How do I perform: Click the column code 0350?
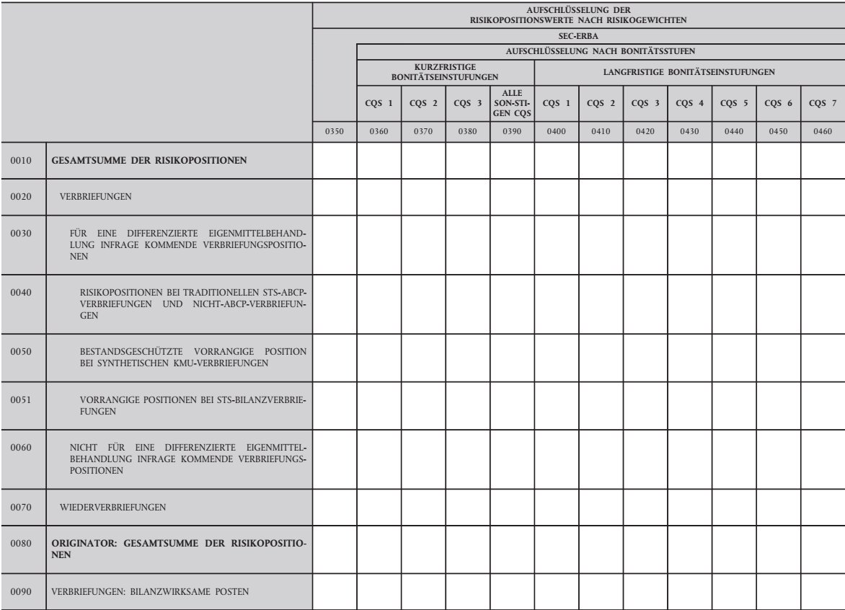(335, 131)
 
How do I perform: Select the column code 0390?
(512, 131)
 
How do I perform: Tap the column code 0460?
(823, 131)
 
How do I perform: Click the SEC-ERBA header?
(579, 34)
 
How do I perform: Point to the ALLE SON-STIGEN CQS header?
(512, 102)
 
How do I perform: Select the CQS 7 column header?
(823, 102)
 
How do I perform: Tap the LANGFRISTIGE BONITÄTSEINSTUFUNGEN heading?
(689, 72)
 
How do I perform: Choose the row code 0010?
(22, 160)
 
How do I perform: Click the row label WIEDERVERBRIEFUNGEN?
(116, 508)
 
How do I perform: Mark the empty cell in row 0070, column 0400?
(556, 508)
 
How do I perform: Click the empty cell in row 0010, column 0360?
(379, 160)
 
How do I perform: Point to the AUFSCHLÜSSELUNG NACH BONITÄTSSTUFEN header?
(601, 53)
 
